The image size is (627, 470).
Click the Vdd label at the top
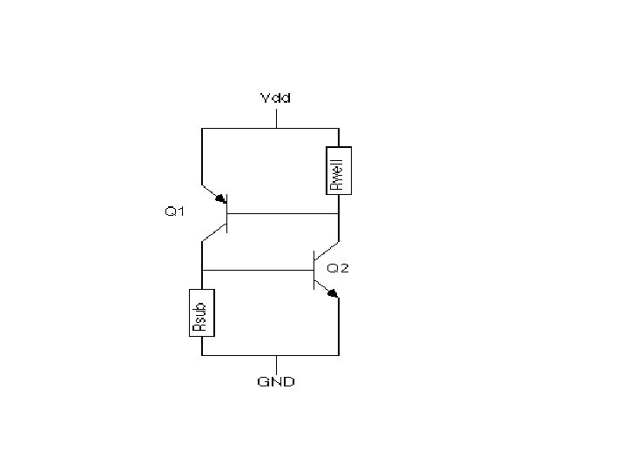(x=275, y=97)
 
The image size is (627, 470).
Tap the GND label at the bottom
(x=275, y=382)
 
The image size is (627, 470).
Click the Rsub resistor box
(x=201, y=312)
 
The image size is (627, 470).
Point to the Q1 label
(x=175, y=211)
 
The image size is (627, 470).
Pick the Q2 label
(x=338, y=268)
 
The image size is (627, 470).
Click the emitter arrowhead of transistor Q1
(x=220, y=198)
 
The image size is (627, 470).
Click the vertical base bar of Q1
(x=227, y=213)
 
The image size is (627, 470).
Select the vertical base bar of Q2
(x=313, y=271)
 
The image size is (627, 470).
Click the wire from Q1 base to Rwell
(x=283, y=213)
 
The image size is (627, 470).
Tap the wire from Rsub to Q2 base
(x=257, y=271)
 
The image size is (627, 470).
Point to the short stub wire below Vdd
(x=275, y=118)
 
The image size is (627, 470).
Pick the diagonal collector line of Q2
(x=326, y=252)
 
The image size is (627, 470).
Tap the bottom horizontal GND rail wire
(x=244, y=355)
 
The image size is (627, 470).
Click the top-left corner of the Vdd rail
(x=202, y=129)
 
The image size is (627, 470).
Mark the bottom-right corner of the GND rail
(x=338, y=355)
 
